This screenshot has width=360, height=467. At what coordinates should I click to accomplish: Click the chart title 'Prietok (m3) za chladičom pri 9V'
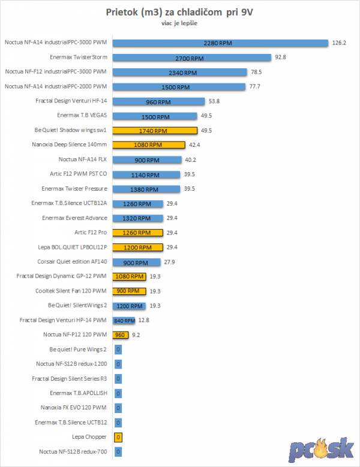179,13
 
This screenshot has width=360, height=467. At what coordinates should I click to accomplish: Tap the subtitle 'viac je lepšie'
179,23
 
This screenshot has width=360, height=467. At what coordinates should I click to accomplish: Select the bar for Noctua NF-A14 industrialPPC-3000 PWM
220,43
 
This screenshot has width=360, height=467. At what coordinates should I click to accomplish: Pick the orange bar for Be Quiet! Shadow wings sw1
155,130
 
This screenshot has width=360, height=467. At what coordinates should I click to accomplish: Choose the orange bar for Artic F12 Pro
138,233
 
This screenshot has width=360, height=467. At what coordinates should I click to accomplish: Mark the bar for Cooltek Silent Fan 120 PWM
130,291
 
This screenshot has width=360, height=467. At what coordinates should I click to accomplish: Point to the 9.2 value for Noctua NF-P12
137,335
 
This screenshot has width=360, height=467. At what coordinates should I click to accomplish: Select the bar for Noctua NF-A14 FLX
147,159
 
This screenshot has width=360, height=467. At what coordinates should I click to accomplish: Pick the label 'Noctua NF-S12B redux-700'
73,451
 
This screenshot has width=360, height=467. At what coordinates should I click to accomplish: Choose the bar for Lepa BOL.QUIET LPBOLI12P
138,247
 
